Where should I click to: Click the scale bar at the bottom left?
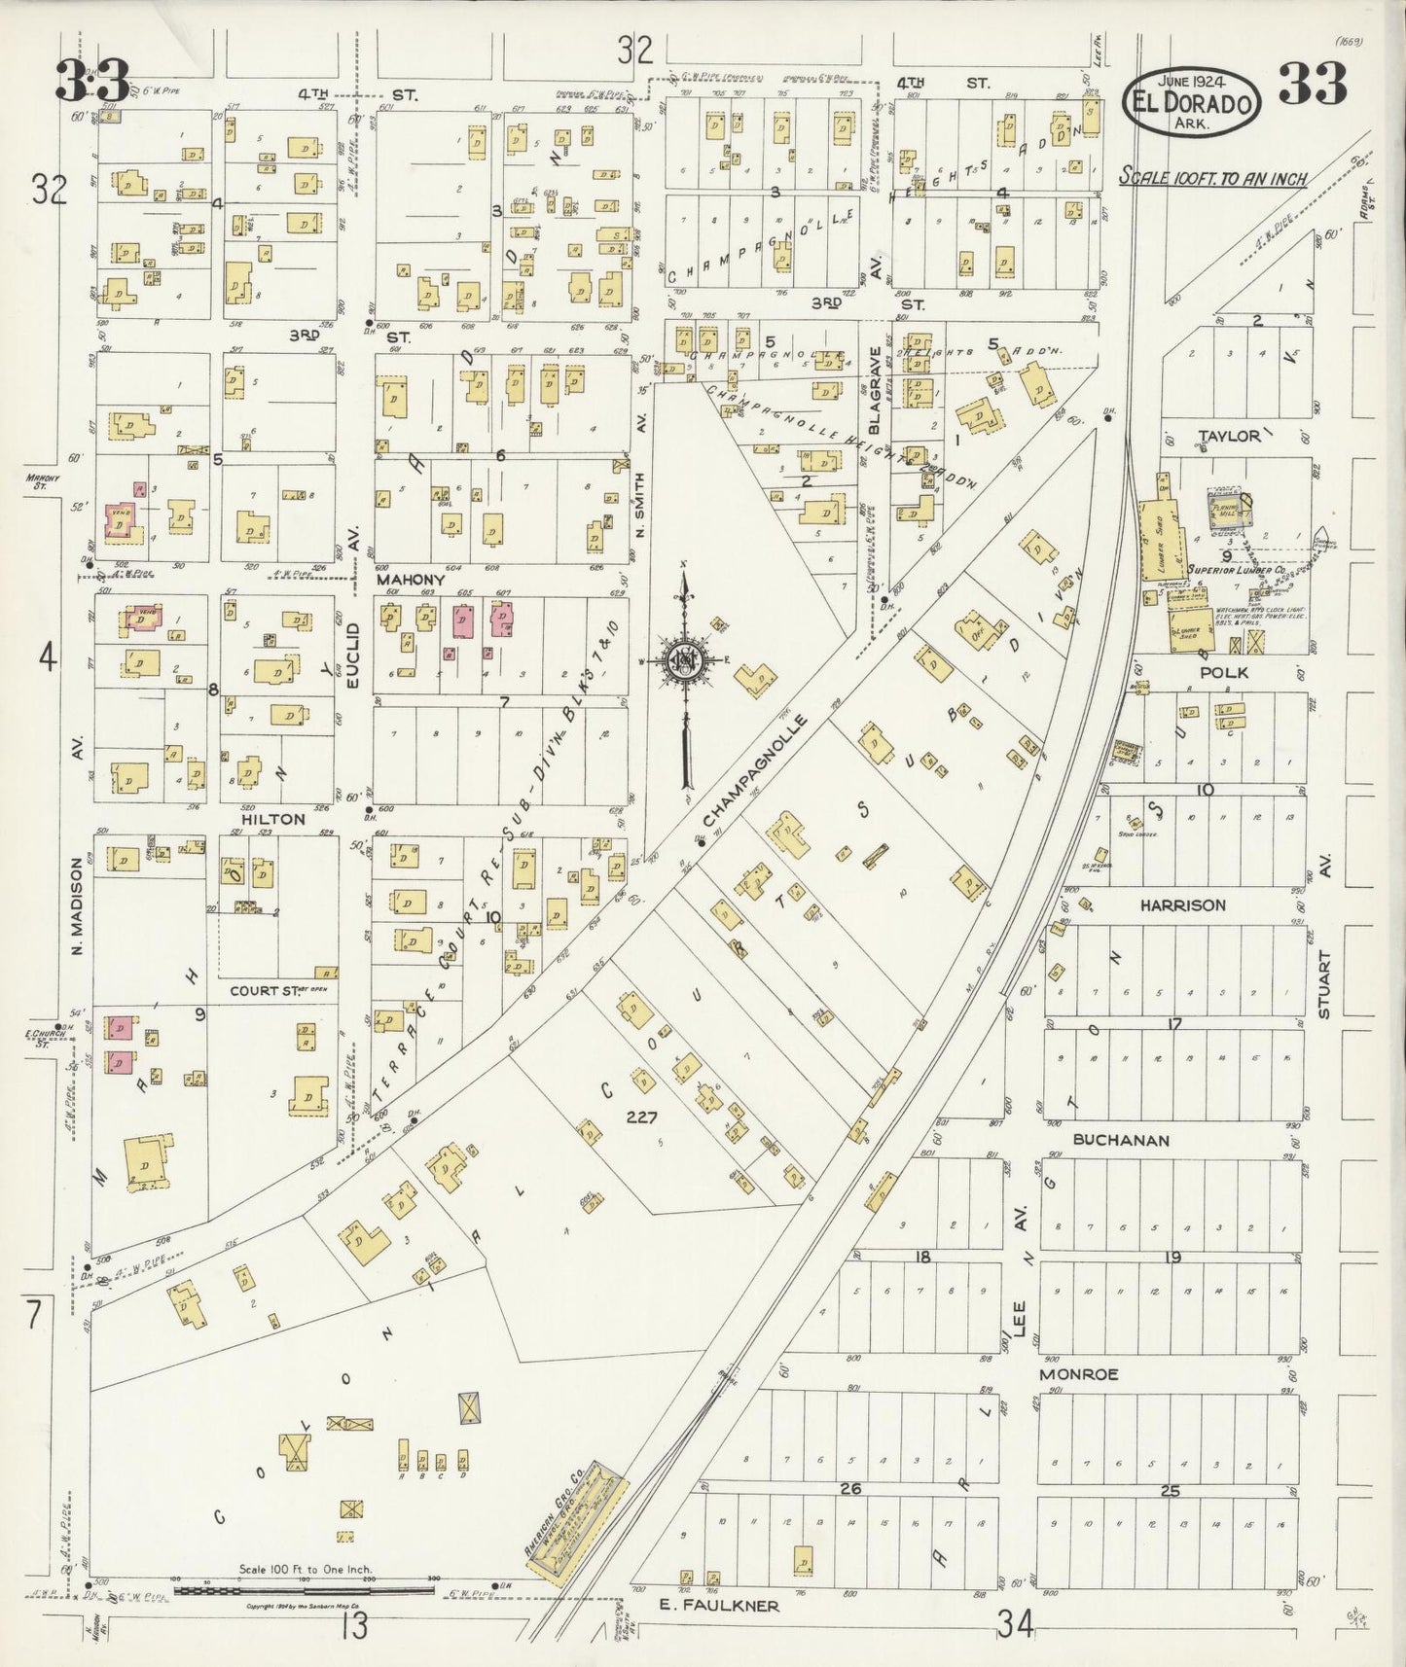(304, 1591)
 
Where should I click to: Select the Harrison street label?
(1182, 905)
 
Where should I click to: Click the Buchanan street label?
(1121, 1139)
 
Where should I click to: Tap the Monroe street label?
(1078, 1374)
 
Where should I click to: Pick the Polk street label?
(1224, 673)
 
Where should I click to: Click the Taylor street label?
(1229, 437)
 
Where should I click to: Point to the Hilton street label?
(273, 819)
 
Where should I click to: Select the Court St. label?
(262, 991)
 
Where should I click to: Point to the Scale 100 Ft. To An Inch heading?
(1211, 178)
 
